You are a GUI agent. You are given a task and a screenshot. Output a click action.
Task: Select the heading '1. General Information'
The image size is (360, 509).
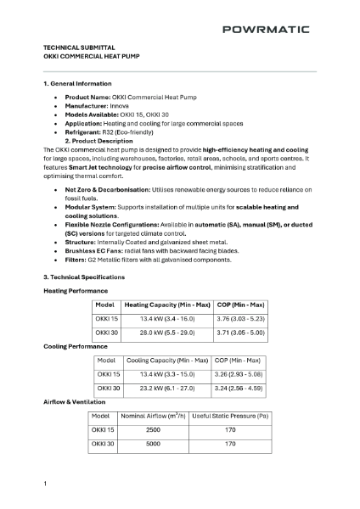[x=77, y=84]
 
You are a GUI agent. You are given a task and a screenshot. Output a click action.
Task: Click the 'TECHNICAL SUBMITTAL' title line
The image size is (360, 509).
[x=79, y=48]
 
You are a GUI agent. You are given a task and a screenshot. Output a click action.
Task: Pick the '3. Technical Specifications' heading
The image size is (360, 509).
[x=83, y=277]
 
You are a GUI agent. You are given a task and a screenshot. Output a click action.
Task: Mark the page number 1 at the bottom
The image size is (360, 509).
[x=45, y=483]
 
